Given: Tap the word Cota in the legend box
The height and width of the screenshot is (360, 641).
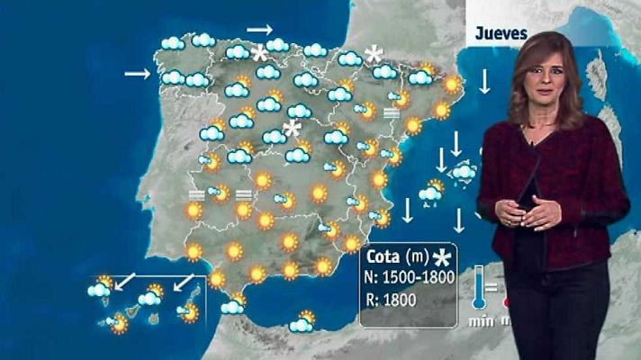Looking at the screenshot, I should tap(384, 256).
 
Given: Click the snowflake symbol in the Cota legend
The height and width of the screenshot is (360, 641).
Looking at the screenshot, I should tap(441, 257).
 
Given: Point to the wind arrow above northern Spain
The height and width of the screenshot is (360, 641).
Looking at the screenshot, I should tap(259, 30).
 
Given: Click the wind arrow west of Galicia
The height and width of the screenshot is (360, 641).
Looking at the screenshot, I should tap(138, 73).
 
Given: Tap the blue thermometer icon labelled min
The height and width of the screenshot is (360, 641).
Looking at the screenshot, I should tap(479, 287).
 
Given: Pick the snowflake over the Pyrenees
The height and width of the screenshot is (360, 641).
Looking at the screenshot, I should tap(373, 54).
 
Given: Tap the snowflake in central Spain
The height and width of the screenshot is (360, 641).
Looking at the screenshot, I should tap(291, 129).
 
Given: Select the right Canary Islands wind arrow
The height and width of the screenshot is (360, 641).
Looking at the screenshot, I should tap(184, 283).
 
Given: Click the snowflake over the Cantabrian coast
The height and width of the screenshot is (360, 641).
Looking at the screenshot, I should tap(260, 53).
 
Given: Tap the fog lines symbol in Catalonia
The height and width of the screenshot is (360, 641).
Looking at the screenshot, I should tap(391, 112).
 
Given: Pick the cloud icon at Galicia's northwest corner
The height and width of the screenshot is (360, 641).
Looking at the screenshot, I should tap(172, 42).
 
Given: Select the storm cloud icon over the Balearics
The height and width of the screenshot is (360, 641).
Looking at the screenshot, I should tap(463, 171).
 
